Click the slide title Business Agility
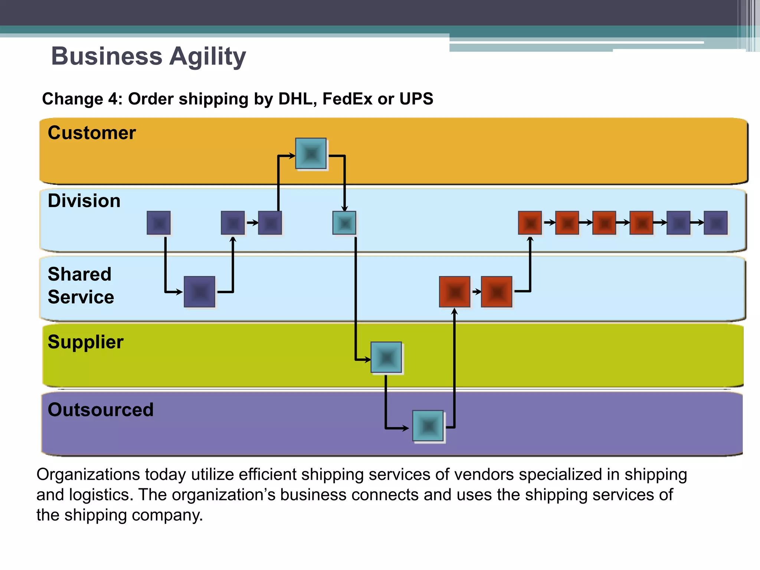148,56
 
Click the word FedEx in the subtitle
347,99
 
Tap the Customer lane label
92,133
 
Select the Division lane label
84,201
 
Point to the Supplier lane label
85,342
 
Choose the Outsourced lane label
101,410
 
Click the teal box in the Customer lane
311,154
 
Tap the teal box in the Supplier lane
386,357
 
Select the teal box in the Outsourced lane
428,426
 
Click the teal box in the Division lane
344,223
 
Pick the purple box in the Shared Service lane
200,292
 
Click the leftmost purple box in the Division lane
158,223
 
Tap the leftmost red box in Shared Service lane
455,292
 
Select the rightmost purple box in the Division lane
715,223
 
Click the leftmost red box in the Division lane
530,223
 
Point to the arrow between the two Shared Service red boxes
476,292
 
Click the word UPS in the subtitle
416,99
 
